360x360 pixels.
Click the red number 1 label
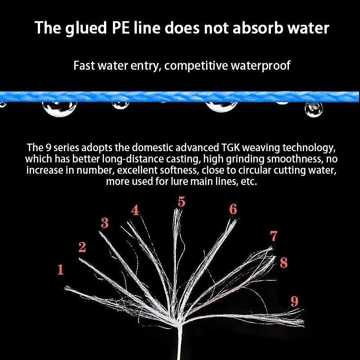60,270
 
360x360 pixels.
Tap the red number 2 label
82,247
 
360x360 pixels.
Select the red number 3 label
104,223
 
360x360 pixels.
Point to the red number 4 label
135,210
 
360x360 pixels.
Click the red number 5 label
181,202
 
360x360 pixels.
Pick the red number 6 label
233,209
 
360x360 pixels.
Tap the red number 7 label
274,236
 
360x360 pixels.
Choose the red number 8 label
283,263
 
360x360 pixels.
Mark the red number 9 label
294,301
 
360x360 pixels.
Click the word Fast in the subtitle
84,66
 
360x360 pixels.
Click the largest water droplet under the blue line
221,106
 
